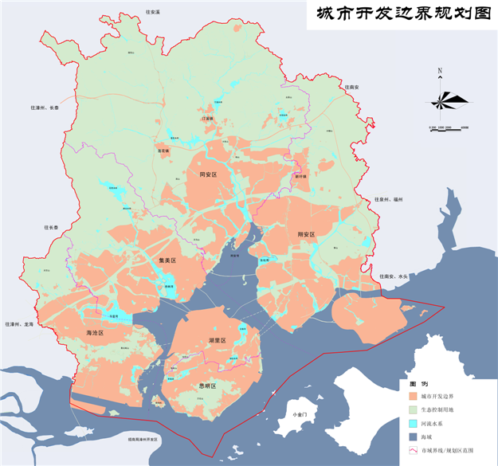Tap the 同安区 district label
tap(208, 174)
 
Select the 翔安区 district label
tap(307, 234)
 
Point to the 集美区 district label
tap(167, 260)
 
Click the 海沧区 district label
tap(95, 333)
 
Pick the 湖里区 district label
tap(217, 340)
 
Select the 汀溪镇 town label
tap(208, 119)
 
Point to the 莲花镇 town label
tap(163, 150)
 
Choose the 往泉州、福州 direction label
tap(390, 200)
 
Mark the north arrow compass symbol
tap(440, 100)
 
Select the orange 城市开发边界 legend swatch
tap(413, 396)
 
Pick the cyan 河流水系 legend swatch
tap(413, 424)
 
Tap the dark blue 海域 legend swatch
tap(413, 437)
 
